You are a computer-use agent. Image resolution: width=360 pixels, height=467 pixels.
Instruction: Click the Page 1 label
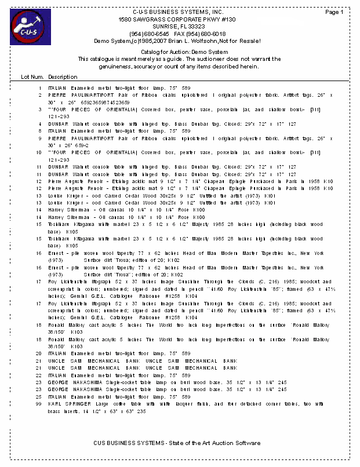click(x=334, y=12)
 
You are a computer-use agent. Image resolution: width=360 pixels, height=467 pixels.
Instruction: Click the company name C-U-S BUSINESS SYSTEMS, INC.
click(x=177, y=12)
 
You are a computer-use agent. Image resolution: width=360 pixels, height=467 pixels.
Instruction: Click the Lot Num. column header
click(x=32, y=76)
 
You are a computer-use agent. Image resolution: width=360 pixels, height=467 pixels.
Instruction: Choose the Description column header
click(x=63, y=76)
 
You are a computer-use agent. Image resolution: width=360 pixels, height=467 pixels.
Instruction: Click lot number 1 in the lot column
click(x=40, y=87)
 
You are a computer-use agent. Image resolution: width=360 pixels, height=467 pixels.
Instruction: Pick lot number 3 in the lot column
click(x=40, y=110)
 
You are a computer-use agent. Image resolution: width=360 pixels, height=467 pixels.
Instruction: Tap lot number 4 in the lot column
click(x=40, y=124)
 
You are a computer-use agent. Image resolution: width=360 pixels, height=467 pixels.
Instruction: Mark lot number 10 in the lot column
click(x=39, y=152)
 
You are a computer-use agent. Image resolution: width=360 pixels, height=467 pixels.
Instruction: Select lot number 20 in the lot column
click(x=39, y=353)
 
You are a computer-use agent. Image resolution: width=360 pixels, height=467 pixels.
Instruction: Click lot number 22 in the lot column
click(x=39, y=375)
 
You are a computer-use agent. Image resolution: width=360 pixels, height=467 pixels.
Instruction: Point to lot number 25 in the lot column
click(x=39, y=396)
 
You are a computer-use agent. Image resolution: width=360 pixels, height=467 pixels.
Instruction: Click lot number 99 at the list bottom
click(x=39, y=404)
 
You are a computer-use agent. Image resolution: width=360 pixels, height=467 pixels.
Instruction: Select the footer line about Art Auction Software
click(x=177, y=443)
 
